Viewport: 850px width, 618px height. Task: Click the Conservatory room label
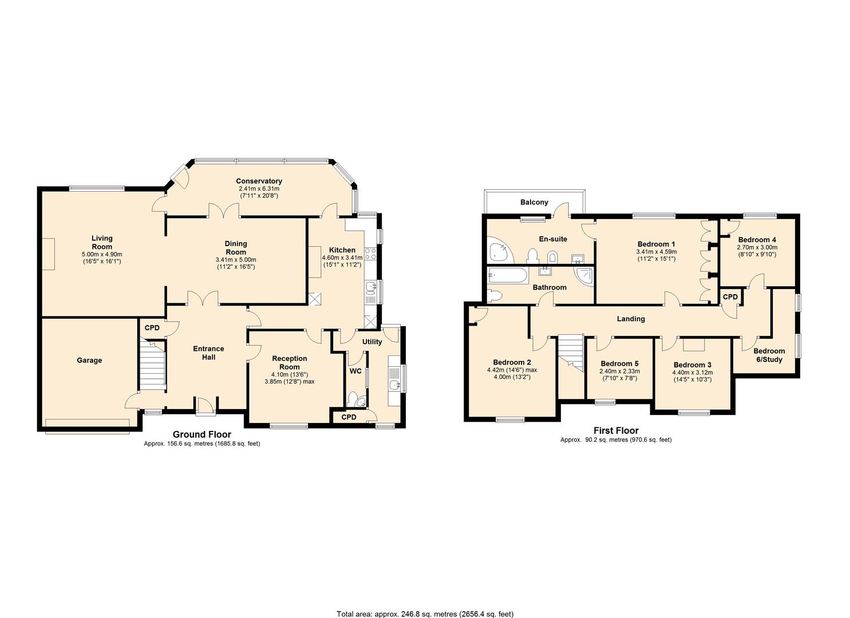tap(259, 181)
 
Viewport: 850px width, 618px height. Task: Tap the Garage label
tap(89, 360)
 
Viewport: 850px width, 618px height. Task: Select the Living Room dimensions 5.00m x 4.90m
tap(102, 254)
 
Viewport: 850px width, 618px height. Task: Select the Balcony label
tap(534, 202)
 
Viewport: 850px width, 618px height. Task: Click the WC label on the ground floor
tap(355, 371)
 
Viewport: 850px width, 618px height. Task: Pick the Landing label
tap(631, 319)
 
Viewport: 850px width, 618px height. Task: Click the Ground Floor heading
tap(202, 434)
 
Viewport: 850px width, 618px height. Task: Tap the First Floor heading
tap(616, 430)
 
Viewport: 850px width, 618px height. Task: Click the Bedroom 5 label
tap(620, 364)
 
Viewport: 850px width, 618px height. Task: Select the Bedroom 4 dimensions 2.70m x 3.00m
tap(757, 247)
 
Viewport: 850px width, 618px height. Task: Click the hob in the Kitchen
tap(370, 254)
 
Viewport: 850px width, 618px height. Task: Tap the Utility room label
tap(372, 342)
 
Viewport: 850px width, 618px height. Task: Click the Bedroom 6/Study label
tap(769, 355)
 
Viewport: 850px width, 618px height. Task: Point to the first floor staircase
tap(570, 354)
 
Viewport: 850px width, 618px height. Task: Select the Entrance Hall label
tap(208, 353)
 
